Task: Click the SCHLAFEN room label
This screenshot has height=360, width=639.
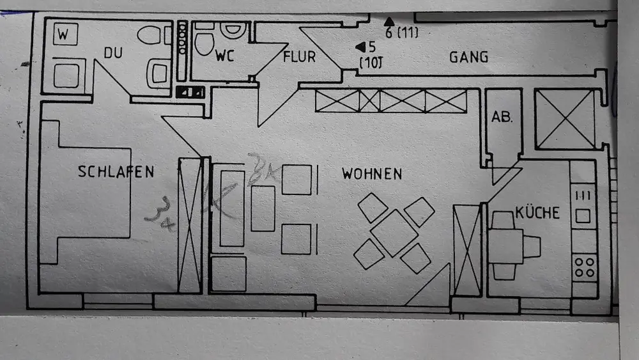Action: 116,171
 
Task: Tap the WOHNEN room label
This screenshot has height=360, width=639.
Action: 372,173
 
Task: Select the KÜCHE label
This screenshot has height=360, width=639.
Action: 537,212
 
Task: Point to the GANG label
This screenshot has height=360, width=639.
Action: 468,57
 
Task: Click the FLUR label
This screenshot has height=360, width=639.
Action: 299,57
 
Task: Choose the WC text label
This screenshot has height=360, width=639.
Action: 225,56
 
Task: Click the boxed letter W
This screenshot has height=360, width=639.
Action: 63,35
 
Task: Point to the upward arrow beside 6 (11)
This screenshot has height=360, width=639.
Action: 389,21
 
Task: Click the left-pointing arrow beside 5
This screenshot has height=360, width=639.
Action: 360,47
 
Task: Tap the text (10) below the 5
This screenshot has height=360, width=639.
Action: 370,63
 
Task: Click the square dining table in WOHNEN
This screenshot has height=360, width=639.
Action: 394,233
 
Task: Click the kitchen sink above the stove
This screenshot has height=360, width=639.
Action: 583,208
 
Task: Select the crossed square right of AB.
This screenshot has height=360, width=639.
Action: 565,119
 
